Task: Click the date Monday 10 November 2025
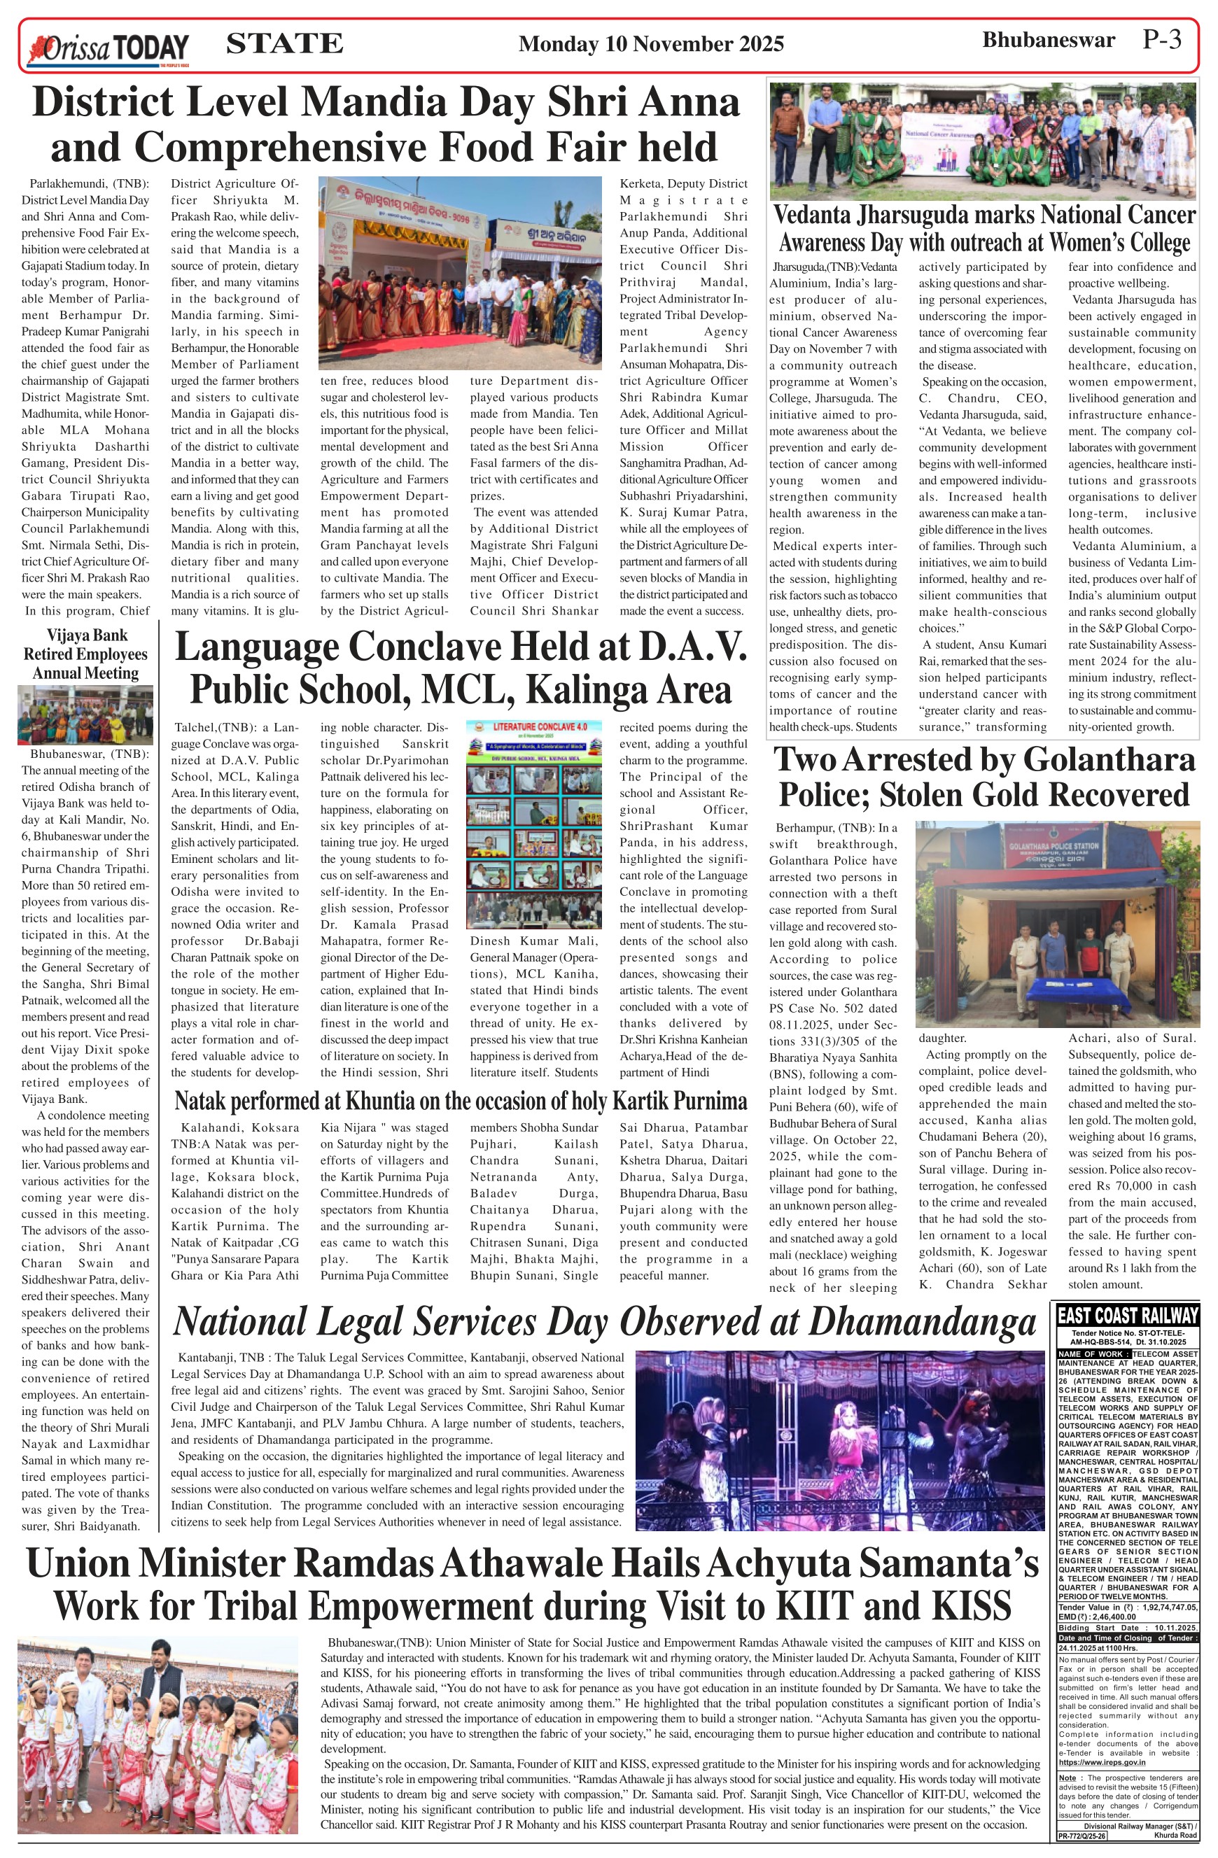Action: click(x=650, y=43)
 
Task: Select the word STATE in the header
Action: click(x=284, y=43)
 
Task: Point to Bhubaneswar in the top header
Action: click(x=1048, y=40)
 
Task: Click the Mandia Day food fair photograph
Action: click(x=460, y=272)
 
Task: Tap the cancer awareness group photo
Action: click(x=982, y=141)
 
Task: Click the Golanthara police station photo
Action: click(x=1056, y=923)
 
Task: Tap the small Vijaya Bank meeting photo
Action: click(x=85, y=715)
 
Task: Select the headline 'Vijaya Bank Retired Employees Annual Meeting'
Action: click(x=85, y=654)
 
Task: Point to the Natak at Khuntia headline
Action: click(x=461, y=1102)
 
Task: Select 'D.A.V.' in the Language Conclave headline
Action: click(x=690, y=647)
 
